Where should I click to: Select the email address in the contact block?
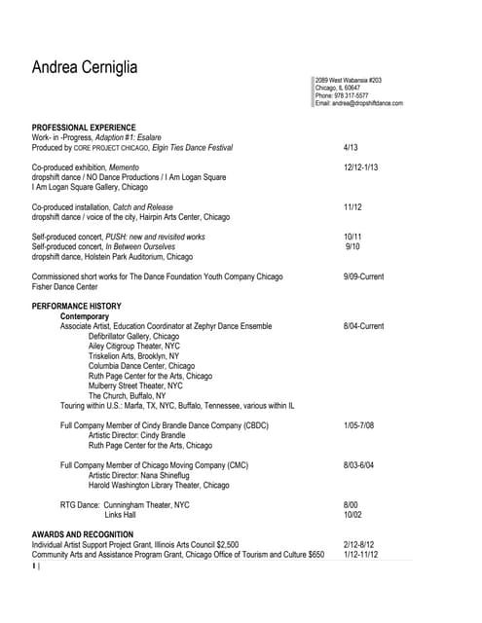click(358, 103)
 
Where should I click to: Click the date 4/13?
click(352, 147)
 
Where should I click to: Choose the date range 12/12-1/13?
click(360, 167)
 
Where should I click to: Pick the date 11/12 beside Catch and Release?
click(352, 207)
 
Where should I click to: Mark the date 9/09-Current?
click(363, 276)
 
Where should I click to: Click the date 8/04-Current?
click(363, 326)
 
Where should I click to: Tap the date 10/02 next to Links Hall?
click(352, 515)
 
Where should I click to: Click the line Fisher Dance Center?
click(64, 287)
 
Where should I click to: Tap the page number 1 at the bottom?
click(34, 566)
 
